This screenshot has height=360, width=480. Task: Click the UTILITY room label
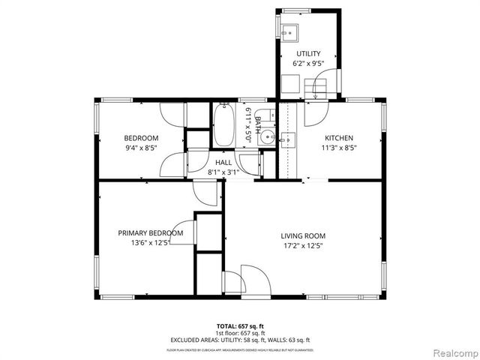pyautogui.click(x=307, y=53)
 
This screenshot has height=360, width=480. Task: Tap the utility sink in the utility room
pyautogui.click(x=289, y=31)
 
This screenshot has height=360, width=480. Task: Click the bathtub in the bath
pyautogui.click(x=223, y=126)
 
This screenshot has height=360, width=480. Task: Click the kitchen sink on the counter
pyautogui.click(x=288, y=139)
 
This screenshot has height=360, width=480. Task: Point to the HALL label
pyautogui.click(x=223, y=163)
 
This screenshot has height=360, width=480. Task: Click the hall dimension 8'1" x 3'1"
pyautogui.click(x=223, y=172)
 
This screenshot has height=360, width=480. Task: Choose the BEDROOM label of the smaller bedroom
pyautogui.click(x=141, y=138)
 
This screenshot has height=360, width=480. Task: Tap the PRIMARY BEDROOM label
pyautogui.click(x=151, y=232)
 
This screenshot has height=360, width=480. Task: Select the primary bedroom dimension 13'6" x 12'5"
pyautogui.click(x=151, y=242)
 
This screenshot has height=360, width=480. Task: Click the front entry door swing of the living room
pyautogui.click(x=253, y=281)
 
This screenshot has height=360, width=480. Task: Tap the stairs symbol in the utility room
pyautogui.click(x=320, y=90)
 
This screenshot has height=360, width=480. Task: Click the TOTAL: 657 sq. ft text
pyautogui.click(x=240, y=326)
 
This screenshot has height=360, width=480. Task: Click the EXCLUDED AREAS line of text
pyautogui.click(x=240, y=340)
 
